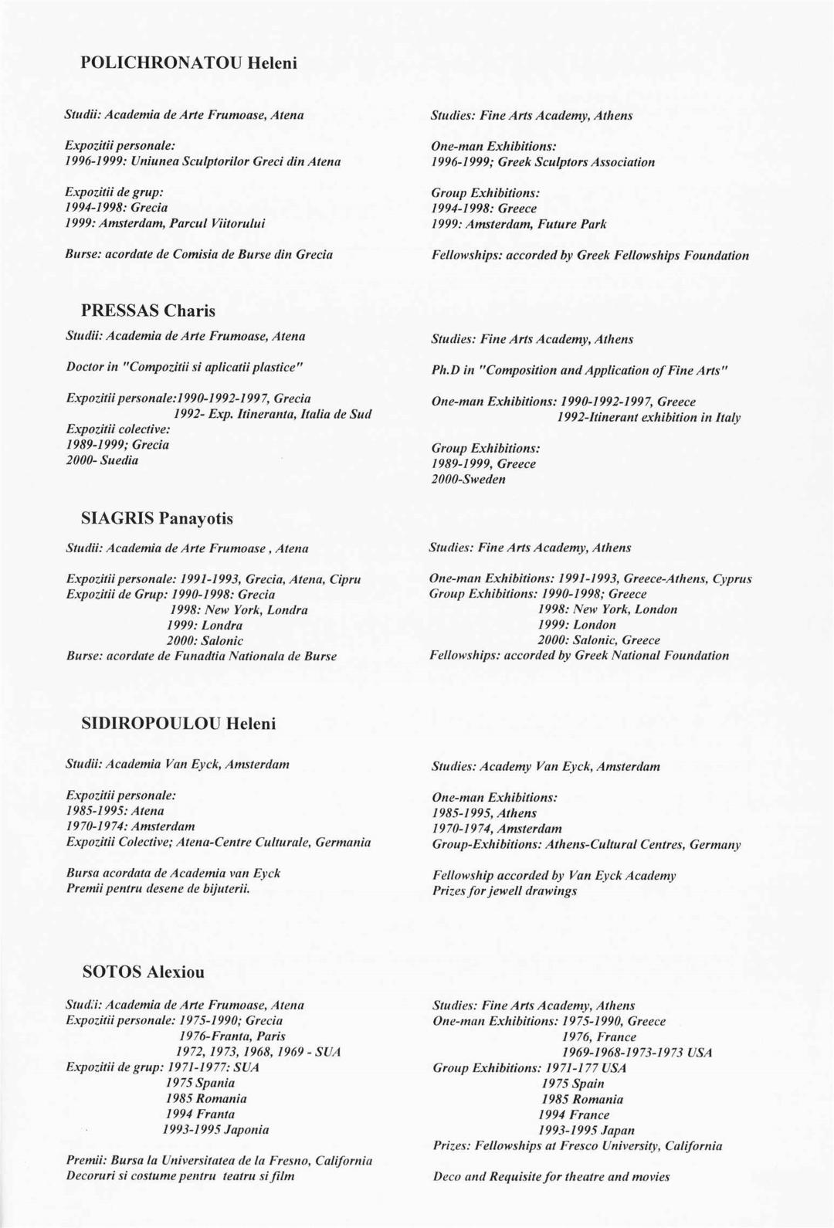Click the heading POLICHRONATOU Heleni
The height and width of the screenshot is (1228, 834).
188,63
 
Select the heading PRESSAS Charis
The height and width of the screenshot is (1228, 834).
148,310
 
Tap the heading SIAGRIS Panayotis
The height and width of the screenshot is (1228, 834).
157,518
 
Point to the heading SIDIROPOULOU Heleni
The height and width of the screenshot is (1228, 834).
178,724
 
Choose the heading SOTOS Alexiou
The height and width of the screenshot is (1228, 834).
144,972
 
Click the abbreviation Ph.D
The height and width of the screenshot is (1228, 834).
446,370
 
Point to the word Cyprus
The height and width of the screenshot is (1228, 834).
731,578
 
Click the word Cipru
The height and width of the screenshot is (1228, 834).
345,578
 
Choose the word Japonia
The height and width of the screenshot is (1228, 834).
246,1129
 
